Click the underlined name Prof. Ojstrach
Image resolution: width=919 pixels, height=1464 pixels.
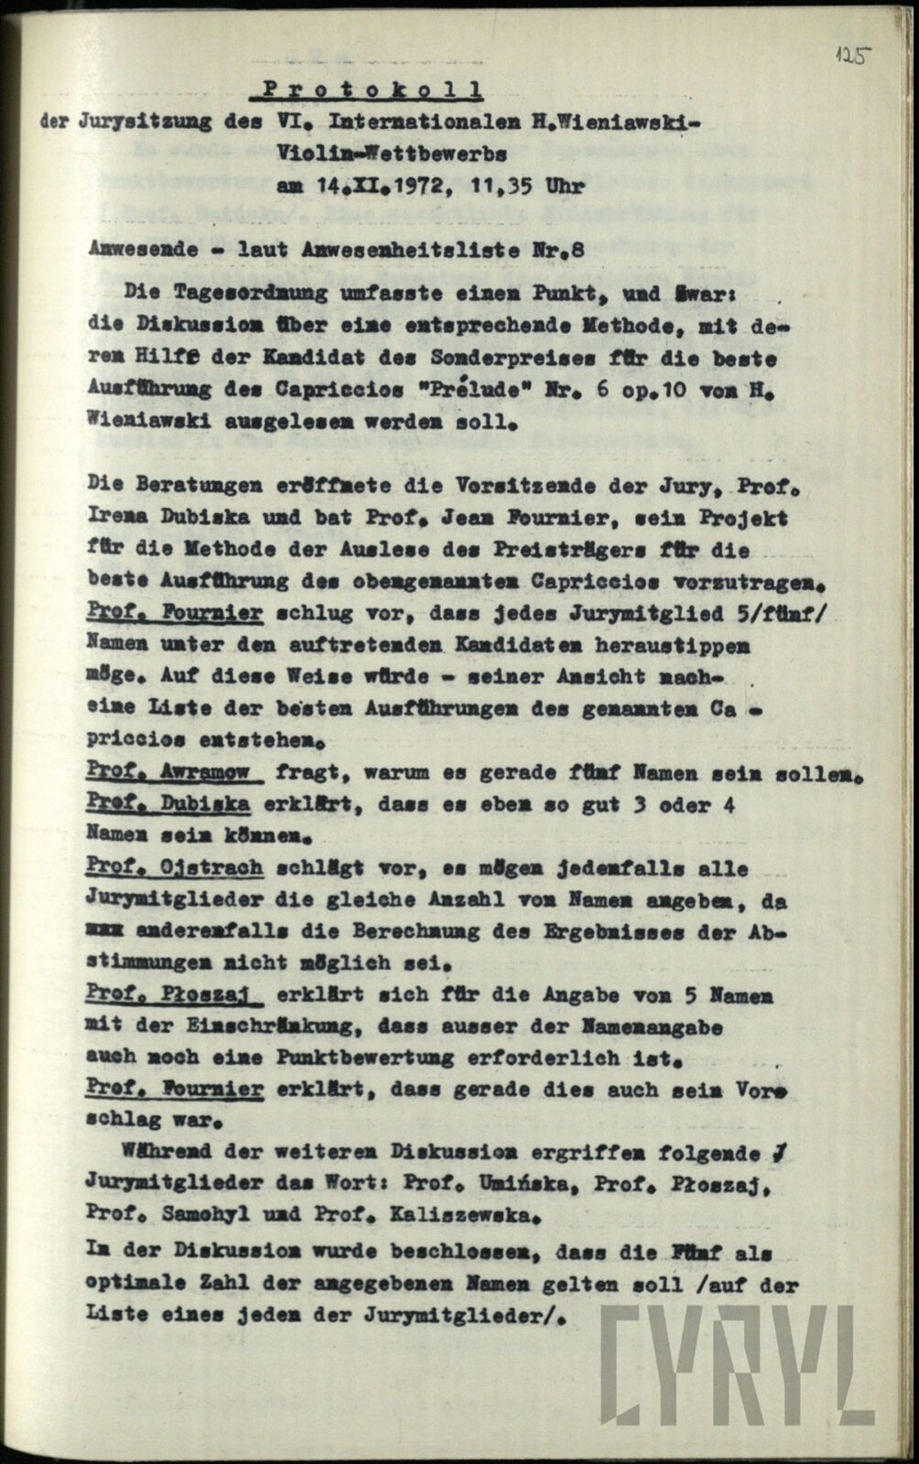click(x=174, y=867)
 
